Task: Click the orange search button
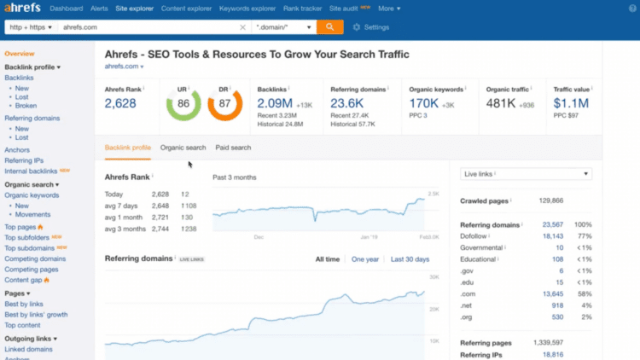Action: pyautogui.click(x=329, y=26)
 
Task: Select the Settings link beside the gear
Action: pyautogui.click(x=376, y=27)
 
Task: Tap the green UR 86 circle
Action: pyautogui.click(x=183, y=105)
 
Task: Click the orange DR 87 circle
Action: pyautogui.click(x=225, y=105)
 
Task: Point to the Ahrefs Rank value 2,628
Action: pyautogui.click(x=120, y=103)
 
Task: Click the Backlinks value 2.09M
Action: pyautogui.click(x=276, y=103)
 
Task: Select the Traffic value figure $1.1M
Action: pyautogui.click(x=570, y=103)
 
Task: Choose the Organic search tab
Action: pyautogui.click(x=183, y=148)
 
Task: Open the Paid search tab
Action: pyautogui.click(x=233, y=148)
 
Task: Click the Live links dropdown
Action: pyautogui.click(x=526, y=174)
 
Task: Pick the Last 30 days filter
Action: pyautogui.click(x=410, y=258)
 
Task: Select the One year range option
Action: pyautogui.click(x=365, y=258)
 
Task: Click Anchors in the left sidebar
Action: pyautogui.click(x=16, y=150)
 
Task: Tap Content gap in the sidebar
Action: pyautogui.click(x=25, y=280)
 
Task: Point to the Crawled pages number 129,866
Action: pyautogui.click(x=551, y=200)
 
